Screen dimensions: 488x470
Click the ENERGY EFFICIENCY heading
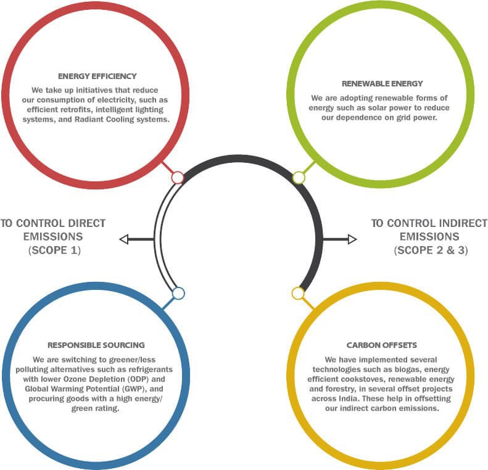click(97, 76)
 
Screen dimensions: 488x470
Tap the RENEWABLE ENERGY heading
click(382, 84)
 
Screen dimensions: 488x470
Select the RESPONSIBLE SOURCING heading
click(96, 345)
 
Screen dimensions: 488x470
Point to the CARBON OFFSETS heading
click(381, 345)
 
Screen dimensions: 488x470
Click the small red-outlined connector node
click(178, 178)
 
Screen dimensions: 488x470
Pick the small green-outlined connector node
click(299, 178)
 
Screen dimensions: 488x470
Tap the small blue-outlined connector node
click(178, 294)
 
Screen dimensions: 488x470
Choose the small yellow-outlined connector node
click(298, 294)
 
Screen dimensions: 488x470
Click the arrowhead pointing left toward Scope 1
click(124, 239)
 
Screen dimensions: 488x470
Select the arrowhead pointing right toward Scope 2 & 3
click(352, 239)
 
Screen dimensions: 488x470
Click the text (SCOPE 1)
click(54, 250)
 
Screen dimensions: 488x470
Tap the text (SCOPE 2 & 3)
click(431, 250)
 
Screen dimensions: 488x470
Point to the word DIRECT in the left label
click(87, 223)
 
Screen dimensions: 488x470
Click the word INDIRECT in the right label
click(463, 223)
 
